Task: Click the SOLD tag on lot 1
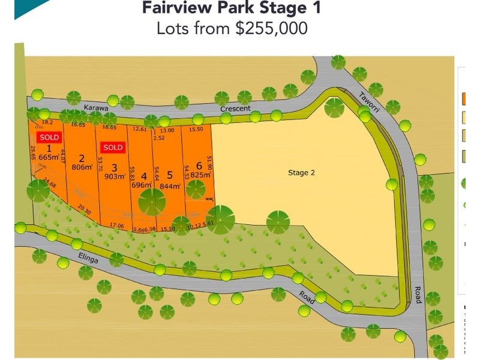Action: tap(49, 137)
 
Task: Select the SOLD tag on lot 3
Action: tap(112, 147)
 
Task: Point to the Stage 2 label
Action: tap(301, 173)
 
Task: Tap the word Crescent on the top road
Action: tap(235, 109)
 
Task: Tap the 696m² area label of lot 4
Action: tap(143, 185)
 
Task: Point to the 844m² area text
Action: tap(170, 185)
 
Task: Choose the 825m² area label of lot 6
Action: tap(200, 175)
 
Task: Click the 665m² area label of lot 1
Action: tap(49, 157)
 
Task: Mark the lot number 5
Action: tap(170, 176)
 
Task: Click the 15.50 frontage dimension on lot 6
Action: tap(196, 129)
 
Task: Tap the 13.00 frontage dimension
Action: tap(167, 130)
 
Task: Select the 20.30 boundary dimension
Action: tap(83, 211)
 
